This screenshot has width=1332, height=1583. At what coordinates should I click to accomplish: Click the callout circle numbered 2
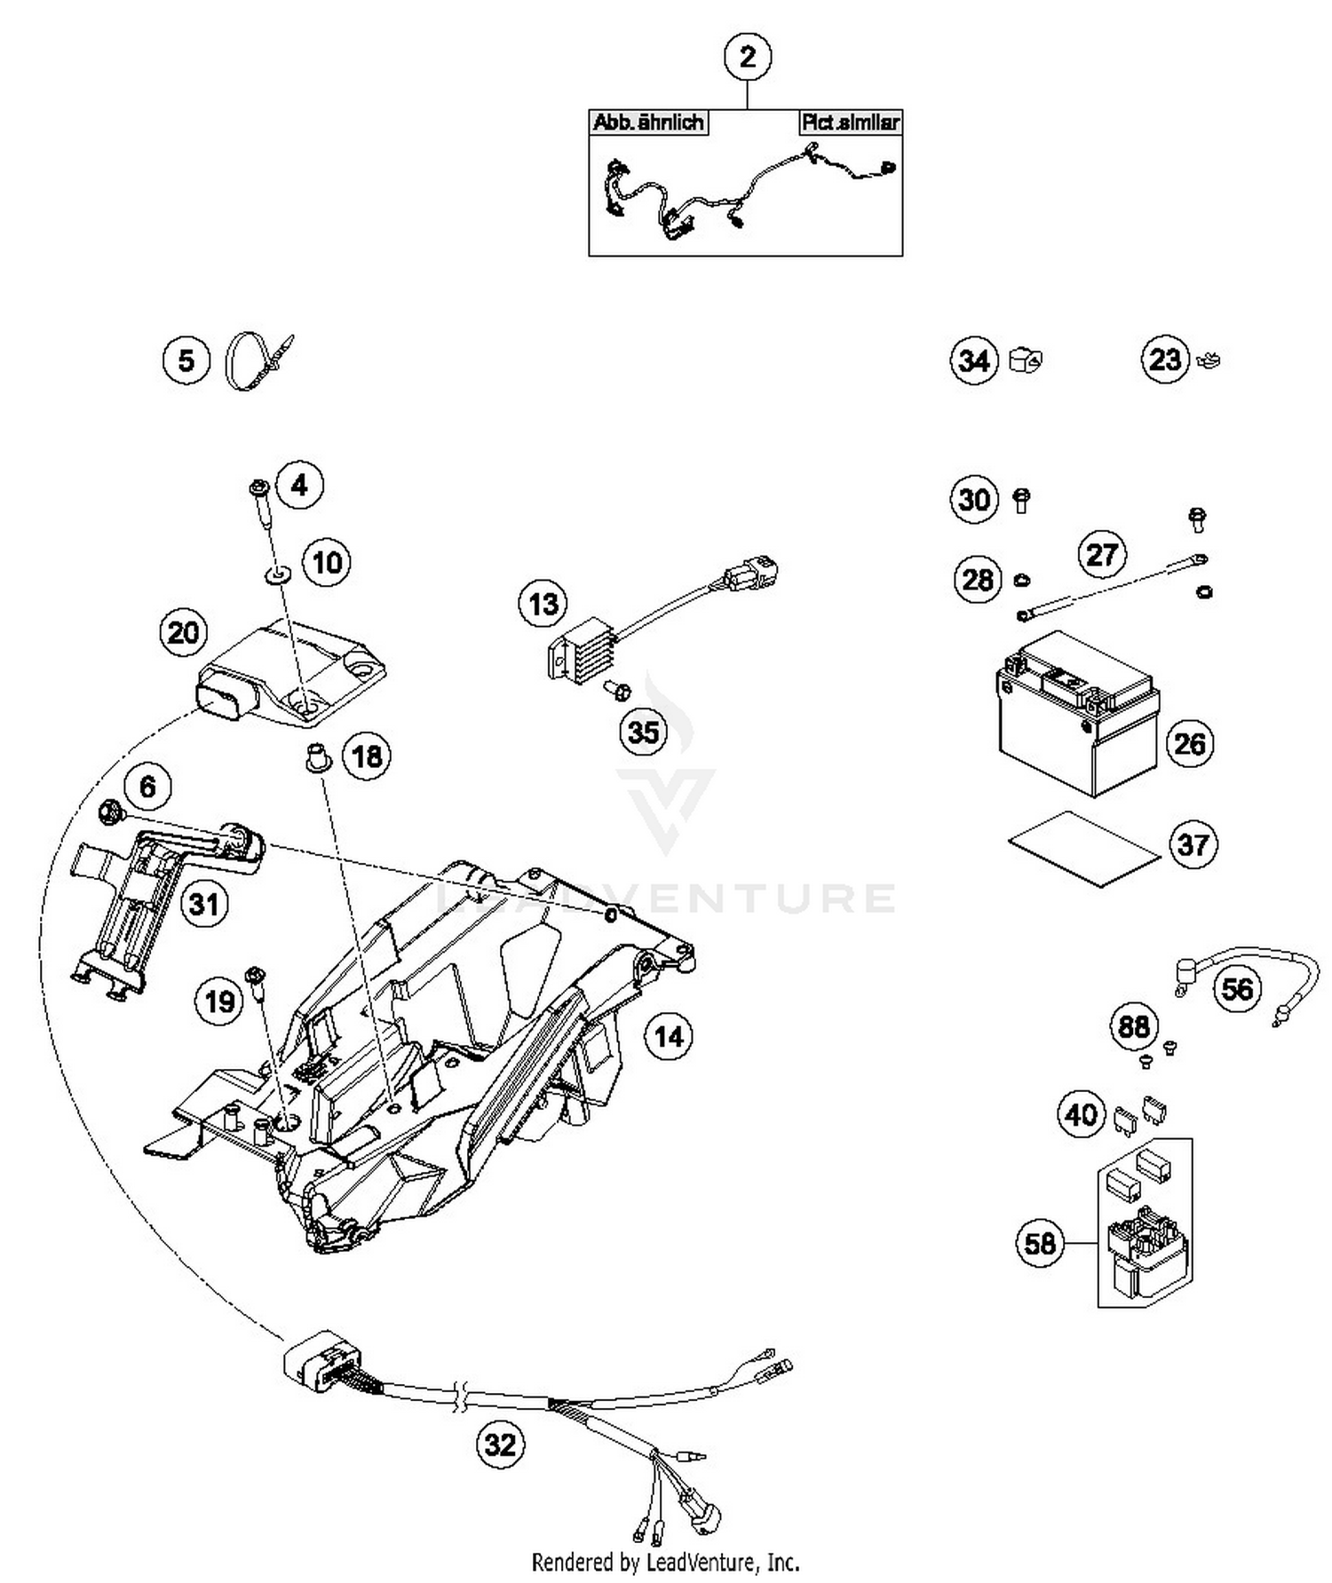[x=747, y=57]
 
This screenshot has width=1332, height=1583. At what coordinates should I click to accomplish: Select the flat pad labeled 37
[x=1083, y=849]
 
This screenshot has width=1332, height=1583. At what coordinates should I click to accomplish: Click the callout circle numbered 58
[x=1039, y=1243]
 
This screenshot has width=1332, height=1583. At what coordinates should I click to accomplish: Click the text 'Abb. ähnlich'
[x=647, y=123]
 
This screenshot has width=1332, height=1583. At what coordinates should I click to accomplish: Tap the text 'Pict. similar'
[x=850, y=123]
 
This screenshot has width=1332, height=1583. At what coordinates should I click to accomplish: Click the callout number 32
[x=499, y=1444]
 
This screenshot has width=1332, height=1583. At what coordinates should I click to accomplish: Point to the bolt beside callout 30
[x=1021, y=500]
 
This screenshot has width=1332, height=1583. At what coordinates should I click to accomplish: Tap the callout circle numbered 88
[x=1133, y=1027]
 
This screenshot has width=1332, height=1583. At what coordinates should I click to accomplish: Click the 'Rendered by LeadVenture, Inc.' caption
[x=665, y=1562]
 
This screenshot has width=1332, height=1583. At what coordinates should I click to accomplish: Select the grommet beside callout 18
[x=315, y=757]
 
